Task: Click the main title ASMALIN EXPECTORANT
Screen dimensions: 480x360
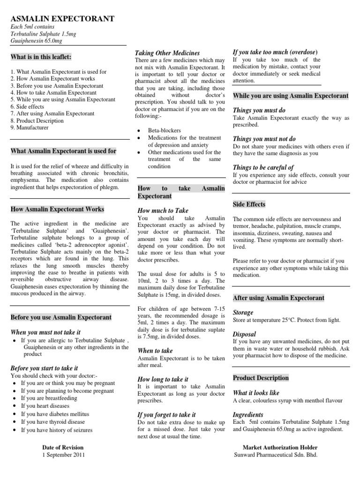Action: point(62,19)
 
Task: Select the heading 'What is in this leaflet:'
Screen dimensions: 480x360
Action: point(41,57)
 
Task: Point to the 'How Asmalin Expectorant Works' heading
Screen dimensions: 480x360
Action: point(57,209)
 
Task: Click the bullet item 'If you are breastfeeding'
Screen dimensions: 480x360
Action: point(49,398)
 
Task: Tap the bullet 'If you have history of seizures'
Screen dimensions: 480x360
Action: point(57,430)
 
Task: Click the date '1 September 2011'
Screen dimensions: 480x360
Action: point(64,455)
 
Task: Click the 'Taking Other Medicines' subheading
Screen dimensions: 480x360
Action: point(167,53)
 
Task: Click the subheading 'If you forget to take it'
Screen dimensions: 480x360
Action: point(166,414)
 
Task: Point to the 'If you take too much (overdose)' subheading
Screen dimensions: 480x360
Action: point(275,52)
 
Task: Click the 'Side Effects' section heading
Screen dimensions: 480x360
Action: point(249,204)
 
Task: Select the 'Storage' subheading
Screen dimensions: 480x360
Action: point(243,312)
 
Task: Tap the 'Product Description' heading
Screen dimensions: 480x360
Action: point(261,378)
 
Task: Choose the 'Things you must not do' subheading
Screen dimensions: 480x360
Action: point(264,139)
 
